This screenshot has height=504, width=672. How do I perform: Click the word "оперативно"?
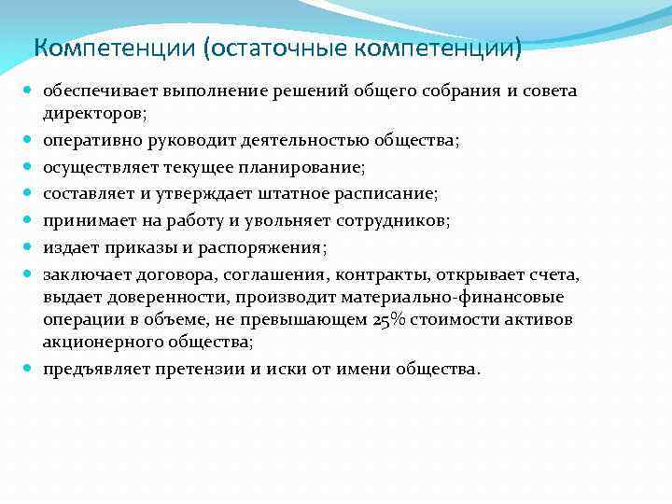point(90,140)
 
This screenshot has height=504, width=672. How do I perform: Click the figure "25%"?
point(386,320)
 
